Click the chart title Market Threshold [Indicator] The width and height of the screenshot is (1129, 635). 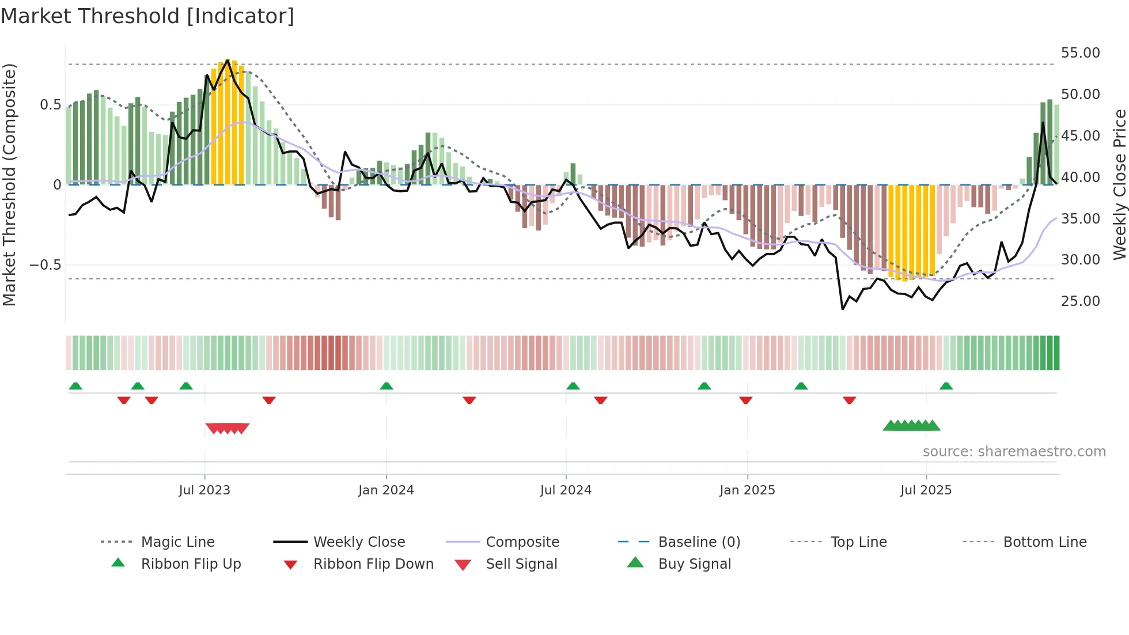point(147,16)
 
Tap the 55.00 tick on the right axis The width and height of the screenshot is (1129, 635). point(1080,53)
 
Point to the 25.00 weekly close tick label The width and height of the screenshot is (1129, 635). point(1080,301)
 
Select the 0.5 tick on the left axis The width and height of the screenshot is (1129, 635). point(50,105)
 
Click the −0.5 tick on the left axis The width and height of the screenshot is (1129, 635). point(46,265)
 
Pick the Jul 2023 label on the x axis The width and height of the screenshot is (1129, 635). point(204,490)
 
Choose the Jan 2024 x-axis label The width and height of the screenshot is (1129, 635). point(386,490)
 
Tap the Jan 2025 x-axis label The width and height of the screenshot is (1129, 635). point(747,490)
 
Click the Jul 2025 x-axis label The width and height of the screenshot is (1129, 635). point(926,490)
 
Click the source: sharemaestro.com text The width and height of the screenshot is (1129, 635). point(1014,452)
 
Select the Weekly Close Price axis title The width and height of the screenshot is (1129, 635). point(1119,184)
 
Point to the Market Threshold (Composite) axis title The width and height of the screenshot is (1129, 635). point(9,184)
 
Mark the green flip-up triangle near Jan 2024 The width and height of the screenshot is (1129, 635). point(387,386)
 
